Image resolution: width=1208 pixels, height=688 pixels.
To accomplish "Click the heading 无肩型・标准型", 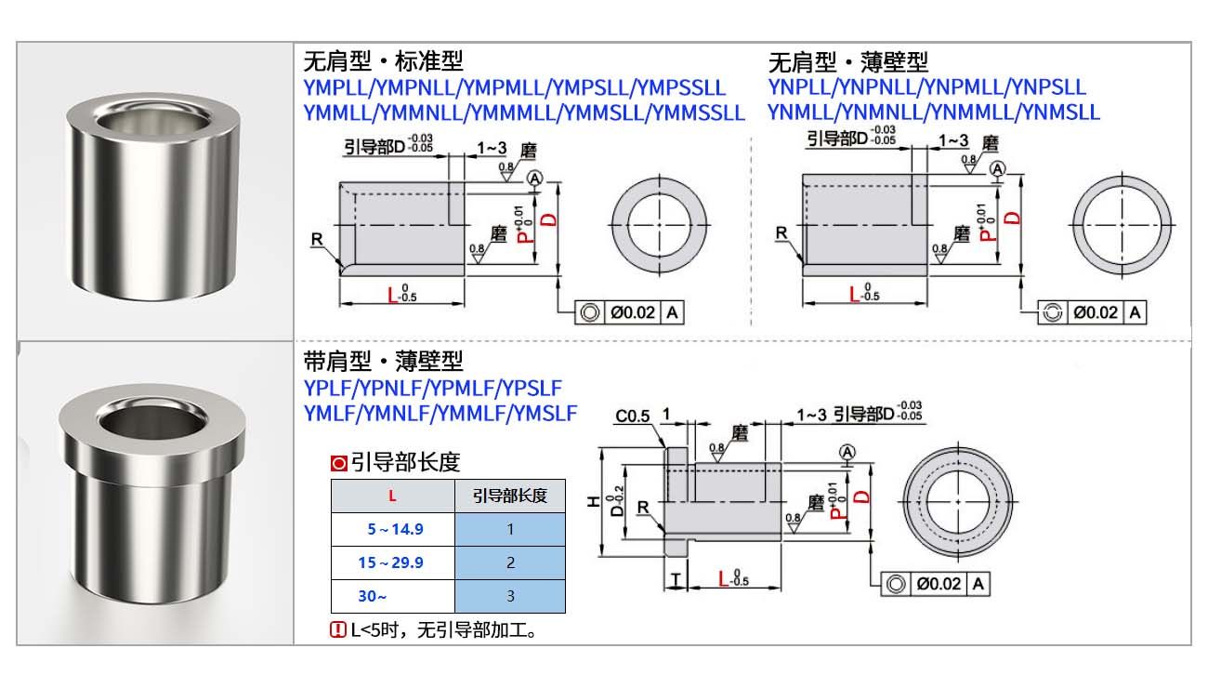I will (x=383, y=62).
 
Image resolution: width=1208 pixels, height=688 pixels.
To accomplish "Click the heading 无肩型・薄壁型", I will (x=848, y=62).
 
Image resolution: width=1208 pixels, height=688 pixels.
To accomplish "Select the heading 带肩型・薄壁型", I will (x=383, y=361).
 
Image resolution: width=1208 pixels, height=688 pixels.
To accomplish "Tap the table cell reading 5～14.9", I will (x=394, y=529).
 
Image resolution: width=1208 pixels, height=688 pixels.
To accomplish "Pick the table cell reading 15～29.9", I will (x=394, y=562).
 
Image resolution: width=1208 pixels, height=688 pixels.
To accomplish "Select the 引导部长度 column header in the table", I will (x=509, y=496).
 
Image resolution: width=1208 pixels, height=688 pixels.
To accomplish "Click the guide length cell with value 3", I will (x=509, y=596).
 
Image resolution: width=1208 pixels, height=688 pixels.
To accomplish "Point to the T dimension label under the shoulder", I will (x=675, y=580).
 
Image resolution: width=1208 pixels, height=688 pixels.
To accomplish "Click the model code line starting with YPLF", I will (x=433, y=388).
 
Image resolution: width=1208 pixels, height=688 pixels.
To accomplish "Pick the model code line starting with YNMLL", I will (x=933, y=112).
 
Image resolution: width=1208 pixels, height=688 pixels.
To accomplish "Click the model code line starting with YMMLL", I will (x=524, y=112).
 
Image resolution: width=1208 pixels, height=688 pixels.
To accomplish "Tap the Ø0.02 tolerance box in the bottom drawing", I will (x=938, y=584).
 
